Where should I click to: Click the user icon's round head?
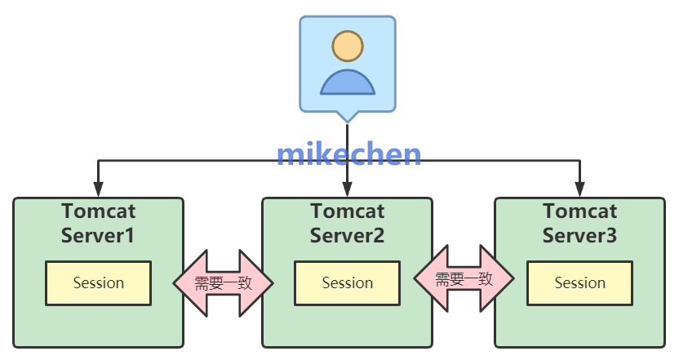(347, 46)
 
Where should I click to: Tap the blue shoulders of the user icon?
(347, 82)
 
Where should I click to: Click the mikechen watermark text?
(348, 154)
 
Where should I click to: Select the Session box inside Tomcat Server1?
(98, 283)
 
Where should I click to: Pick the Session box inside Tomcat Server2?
(347, 283)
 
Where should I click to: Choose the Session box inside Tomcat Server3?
(579, 283)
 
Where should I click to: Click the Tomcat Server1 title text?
(98, 224)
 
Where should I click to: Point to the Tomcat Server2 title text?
(347, 224)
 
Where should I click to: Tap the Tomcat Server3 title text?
(579, 224)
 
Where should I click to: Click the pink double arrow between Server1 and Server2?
(223, 283)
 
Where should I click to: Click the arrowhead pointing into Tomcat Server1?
(98, 190)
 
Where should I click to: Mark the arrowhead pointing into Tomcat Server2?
(347, 190)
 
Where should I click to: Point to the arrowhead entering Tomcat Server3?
(579, 190)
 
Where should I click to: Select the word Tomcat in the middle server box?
(347, 211)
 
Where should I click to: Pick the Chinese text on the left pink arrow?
(223, 283)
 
